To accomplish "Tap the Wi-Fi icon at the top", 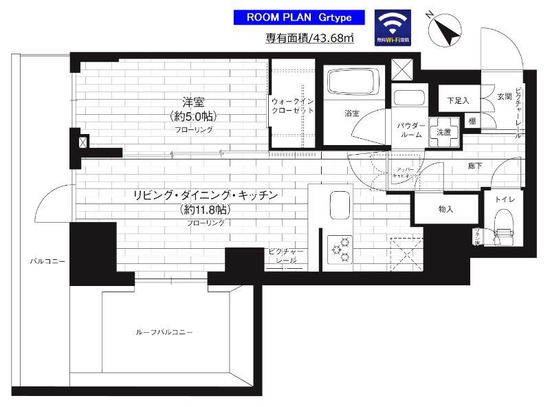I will [x=393, y=27].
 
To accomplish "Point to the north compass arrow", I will [x=441, y=28].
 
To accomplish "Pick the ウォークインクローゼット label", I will [x=292, y=105].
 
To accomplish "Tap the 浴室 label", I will [x=351, y=113].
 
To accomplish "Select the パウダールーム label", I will [x=411, y=130].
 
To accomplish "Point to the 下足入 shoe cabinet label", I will [x=458, y=100].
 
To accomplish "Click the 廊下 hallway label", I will [x=474, y=166].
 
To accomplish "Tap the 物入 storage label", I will [x=445, y=208].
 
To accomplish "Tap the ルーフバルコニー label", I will [x=163, y=332].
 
